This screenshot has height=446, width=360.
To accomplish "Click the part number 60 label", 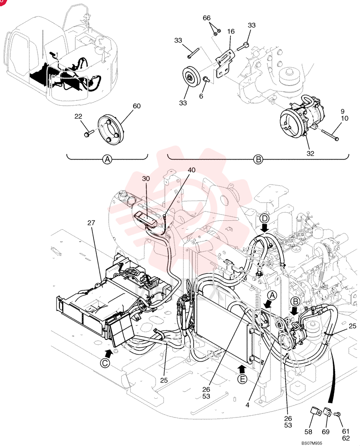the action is point(137,106).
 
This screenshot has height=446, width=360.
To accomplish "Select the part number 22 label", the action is point(78,116).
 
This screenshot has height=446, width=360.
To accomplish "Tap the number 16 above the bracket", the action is point(231,31).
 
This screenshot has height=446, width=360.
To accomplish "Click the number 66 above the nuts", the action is point(207,18).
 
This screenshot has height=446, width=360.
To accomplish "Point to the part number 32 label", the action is point(310,153).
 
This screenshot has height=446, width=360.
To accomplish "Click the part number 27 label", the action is point(91,223).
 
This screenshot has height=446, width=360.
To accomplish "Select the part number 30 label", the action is point(146,179).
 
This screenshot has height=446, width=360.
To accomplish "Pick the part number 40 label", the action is point(192,170).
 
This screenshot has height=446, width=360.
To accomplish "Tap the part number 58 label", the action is point(308,432).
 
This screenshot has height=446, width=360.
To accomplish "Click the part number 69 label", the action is point(326,432).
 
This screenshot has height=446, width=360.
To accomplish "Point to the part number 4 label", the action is point(247,405).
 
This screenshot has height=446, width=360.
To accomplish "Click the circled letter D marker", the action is point(264,219).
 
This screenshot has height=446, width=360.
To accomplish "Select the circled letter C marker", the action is point(106,363).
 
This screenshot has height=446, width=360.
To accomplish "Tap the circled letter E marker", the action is point(242,379).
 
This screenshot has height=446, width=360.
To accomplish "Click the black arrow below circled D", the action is point(265,228).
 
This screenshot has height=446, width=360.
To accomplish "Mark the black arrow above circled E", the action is point(242,369).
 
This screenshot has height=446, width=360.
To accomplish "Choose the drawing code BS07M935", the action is point(312,443).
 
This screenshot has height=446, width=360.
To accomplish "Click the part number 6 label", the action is point(201,96).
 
